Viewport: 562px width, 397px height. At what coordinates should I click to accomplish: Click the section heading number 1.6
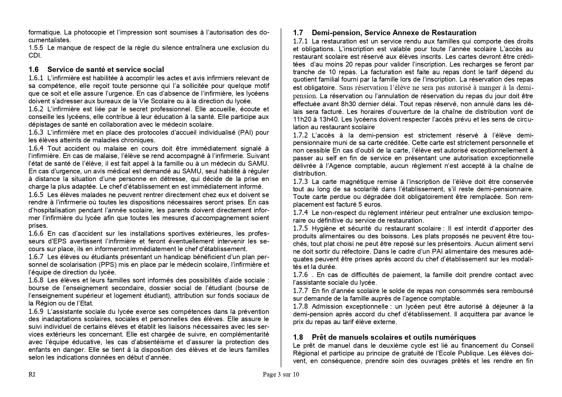pos(34,70)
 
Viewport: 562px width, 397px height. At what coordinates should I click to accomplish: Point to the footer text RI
pos(32,375)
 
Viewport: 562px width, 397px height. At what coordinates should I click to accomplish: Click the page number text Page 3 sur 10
pos(281,375)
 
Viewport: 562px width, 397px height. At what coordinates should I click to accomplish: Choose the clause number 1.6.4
pos(36,148)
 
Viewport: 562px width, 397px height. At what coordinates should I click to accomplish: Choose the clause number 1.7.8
pos(300,306)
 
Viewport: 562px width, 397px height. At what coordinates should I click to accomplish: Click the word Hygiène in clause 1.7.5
pos(324,228)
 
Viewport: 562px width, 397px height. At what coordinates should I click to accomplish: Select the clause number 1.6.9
pos(36,312)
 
